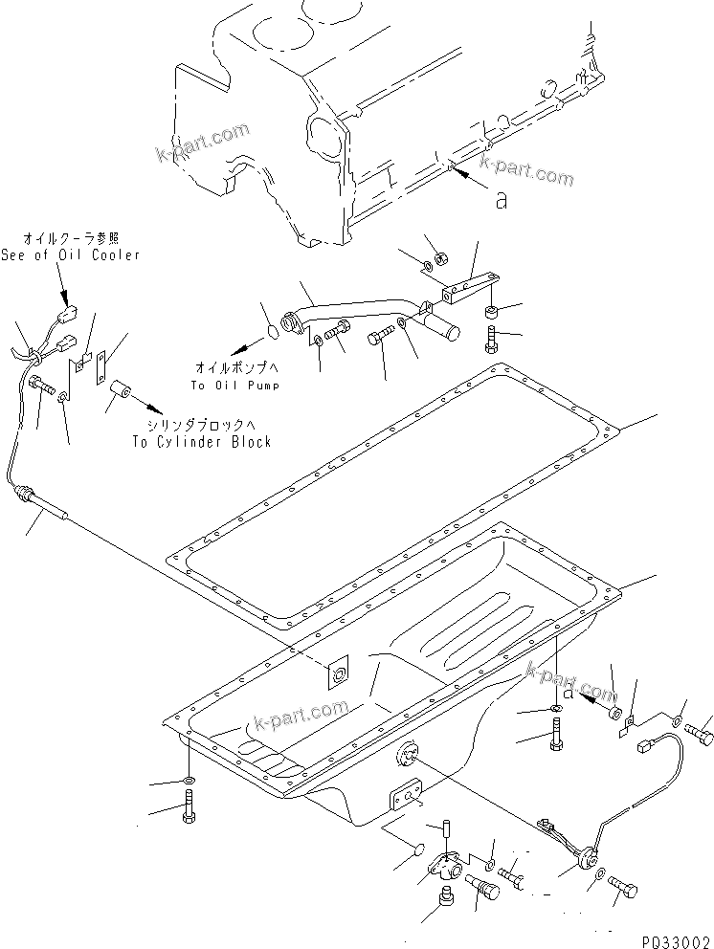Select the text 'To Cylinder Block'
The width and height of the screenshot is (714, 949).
point(202,441)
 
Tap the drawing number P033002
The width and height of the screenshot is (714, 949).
point(674,939)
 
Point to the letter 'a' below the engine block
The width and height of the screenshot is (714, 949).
point(501,200)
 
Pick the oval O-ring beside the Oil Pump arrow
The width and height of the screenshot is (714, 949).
point(271,332)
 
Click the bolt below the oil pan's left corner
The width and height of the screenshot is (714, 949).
point(190,814)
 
